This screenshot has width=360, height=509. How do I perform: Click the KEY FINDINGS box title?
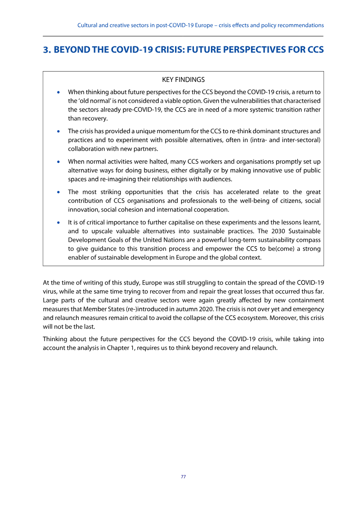click(x=183, y=80)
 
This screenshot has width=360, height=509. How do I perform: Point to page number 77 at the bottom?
click(x=183, y=477)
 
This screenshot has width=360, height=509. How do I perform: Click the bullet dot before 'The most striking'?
click(x=58, y=192)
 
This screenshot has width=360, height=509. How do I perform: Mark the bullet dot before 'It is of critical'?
click(x=58, y=222)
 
